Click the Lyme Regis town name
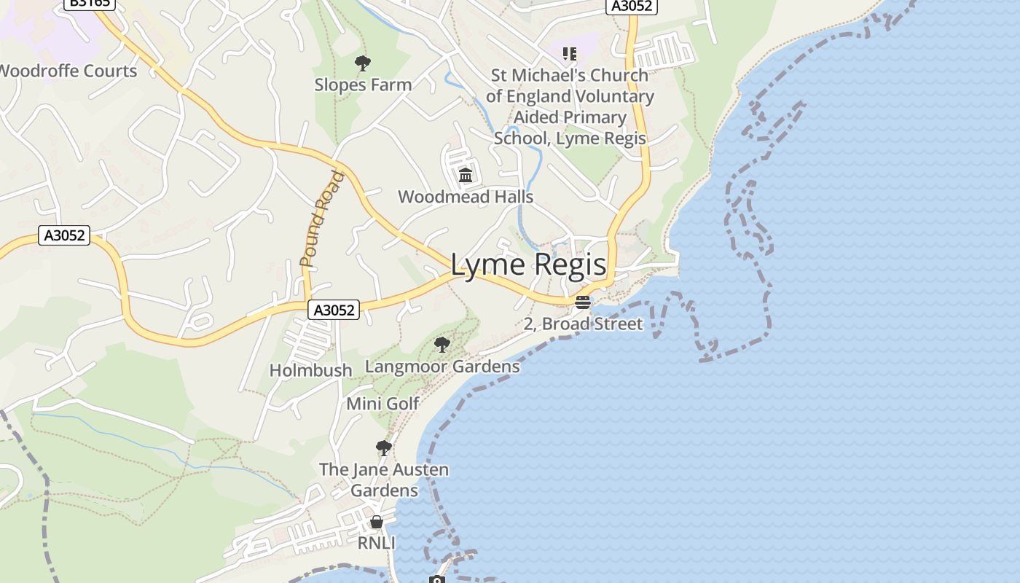(528, 265)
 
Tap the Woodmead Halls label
(466, 197)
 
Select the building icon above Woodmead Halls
(466, 175)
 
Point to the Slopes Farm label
(363, 85)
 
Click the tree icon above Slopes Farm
(362, 63)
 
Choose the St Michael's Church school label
(570, 106)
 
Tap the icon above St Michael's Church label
(569, 54)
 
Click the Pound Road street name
(321, 218)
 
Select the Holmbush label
(310, 370)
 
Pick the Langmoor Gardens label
(442, 366)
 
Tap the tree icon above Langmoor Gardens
(442, 344)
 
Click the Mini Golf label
(382, 404)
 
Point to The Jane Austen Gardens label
(384, 480)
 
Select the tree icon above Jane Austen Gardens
(383, 447)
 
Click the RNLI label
(376, 543)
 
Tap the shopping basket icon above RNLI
(377, 522)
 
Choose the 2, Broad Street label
(583, 324)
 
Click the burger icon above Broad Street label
(582, 302)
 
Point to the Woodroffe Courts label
(67, 71)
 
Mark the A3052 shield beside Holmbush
(334, 310)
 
